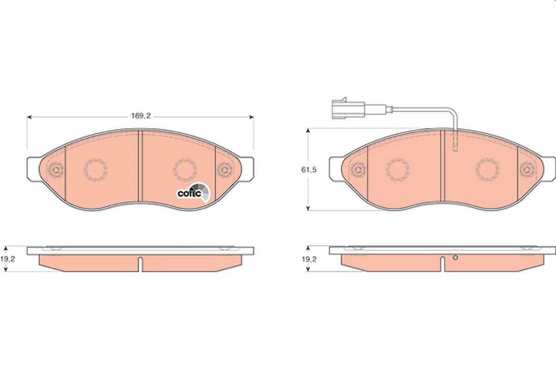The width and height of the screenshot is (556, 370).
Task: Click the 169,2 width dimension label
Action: point(141,116)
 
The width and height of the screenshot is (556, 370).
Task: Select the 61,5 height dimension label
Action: point(309,170)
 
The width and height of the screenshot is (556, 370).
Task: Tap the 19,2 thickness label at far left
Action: point(7,259)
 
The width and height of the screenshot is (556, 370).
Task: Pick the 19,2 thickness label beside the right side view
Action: point(309,259)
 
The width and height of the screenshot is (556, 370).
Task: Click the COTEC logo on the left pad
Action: point(193,192)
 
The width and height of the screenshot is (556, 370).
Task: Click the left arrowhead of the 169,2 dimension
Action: point(29,117)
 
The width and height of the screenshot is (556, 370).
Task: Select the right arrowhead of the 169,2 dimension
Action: point(251,117)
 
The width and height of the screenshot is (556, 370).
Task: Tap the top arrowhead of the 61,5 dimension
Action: point(308,130)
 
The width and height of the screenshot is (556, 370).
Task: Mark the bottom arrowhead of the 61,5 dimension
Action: point(308,208)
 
